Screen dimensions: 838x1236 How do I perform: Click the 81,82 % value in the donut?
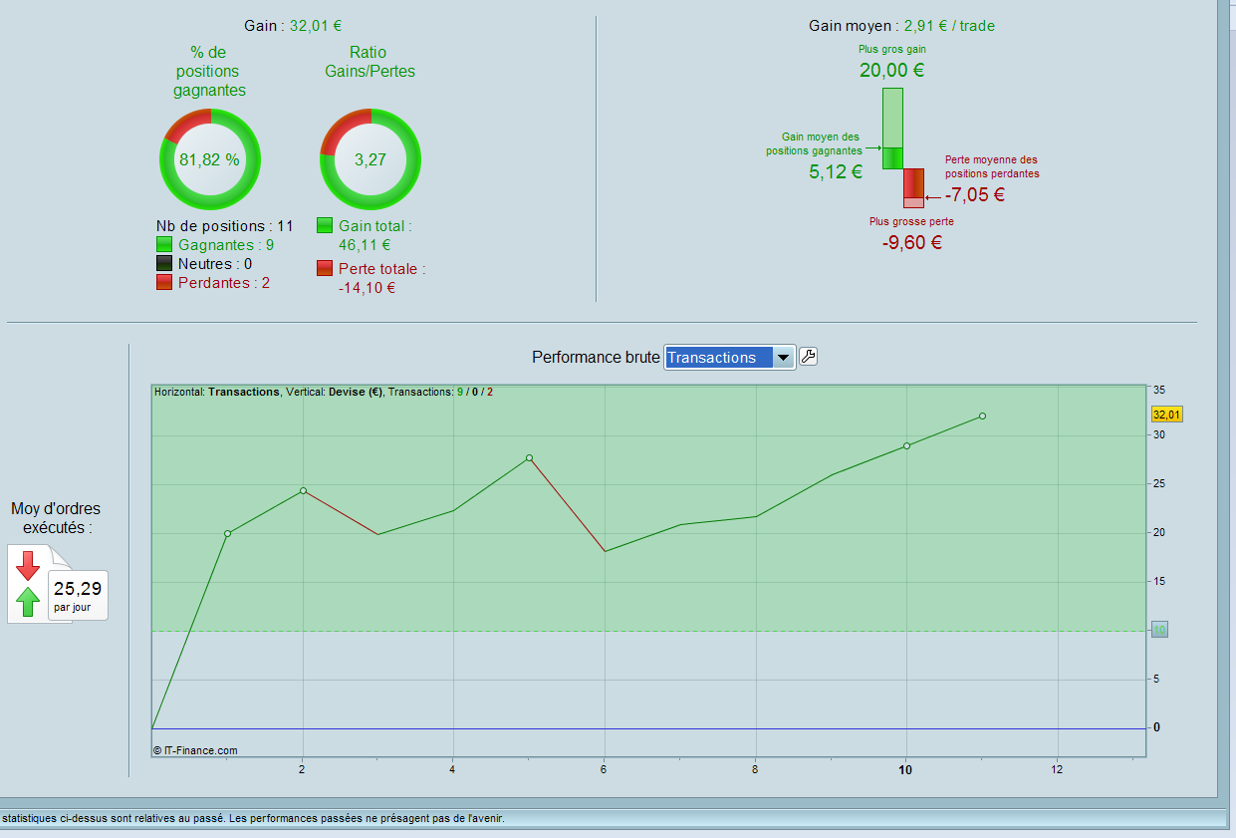pyautogui.click(x=209, y=159)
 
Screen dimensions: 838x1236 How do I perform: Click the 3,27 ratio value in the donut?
pyautogui.click(x=370, y=159)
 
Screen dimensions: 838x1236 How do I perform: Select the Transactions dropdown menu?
pyautogui.click(x=729, y=358)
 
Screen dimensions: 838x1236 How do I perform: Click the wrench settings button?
pyautogui.click(x=808, y=357)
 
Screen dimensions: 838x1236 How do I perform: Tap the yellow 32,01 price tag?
pyautogui.click(x=1166, y=415)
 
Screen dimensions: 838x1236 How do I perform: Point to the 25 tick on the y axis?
pyautogui.click(x=1158, y=484)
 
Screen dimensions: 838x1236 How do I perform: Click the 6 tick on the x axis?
pyautogui.click(x=604, y=769)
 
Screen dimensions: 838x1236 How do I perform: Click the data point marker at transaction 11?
pyautogui.click(x=982, y=416)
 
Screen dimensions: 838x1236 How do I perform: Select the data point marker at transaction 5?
pyautogui.click(x=529, y=457)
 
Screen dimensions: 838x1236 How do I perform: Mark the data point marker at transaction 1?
pyautogui.click(x=227, y=533)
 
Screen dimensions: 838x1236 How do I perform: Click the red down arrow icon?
pyautogui.click(x=28, y=565)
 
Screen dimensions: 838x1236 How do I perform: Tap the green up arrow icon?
pyautogui.click(x=28, y=601)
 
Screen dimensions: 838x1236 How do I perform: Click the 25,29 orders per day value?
pyautogui.click(x=78, y=588)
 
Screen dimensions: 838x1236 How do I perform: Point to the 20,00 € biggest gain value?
pyautogui.click(x=891, y=70)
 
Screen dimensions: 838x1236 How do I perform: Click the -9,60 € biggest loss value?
pyautogui.click(x=911, y=241)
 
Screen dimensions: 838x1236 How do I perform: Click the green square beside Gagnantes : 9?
pyautogui.click(x=164, y=245)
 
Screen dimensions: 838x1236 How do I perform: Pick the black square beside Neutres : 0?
pyautogui.click(x=164, y=264)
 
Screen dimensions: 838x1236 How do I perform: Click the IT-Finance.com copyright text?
pyautogui.click(x=195, y=750)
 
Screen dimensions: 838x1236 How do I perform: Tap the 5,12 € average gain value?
pyautogui.click(x=836, y=171)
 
